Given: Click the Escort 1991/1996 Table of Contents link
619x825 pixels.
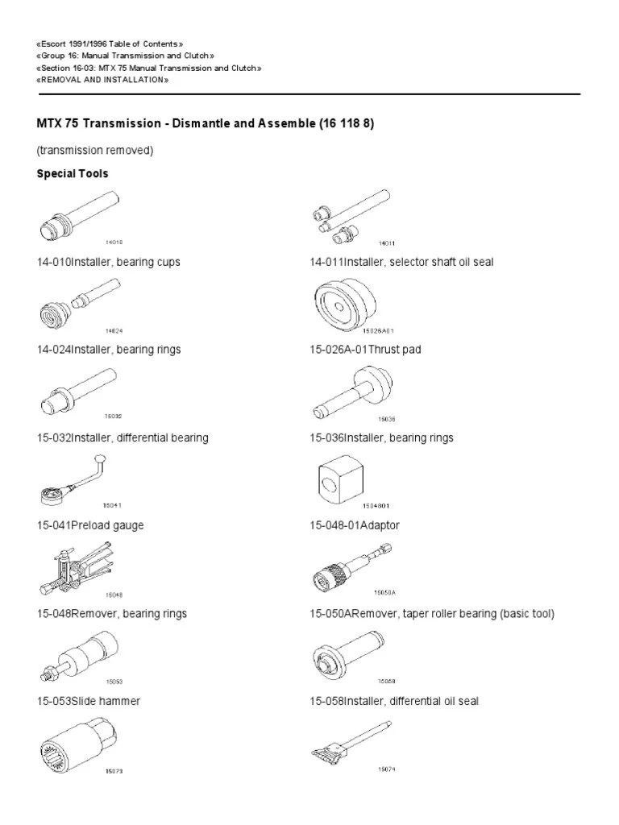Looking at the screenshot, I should [111, 43].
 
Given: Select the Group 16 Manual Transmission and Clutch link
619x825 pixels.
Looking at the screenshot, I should [127, 56].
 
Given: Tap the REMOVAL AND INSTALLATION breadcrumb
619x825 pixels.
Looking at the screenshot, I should [102, 81].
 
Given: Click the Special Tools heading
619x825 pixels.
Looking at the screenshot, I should [73, 173].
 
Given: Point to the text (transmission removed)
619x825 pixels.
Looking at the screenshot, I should [95, 150].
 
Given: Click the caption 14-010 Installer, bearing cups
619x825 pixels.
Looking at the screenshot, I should [109, 263].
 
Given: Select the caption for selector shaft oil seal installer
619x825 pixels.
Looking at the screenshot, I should [401, 263].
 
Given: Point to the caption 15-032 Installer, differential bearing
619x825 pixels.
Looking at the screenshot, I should [123, 437].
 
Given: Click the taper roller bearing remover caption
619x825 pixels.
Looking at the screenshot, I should [432, 614].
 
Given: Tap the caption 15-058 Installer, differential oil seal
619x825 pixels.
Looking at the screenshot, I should [394, 701].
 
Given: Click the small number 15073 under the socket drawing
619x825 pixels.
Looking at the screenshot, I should [114, 771].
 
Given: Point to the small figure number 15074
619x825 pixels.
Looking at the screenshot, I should [387, 769].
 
